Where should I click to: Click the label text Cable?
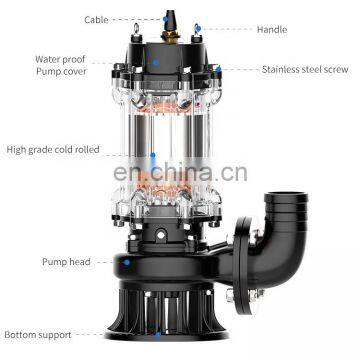96,20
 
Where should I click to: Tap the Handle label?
272,30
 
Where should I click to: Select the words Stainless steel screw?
305,70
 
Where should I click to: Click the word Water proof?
60,60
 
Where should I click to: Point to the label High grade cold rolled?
53,150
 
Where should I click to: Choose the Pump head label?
66,262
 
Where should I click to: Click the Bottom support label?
38,335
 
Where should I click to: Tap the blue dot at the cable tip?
166,19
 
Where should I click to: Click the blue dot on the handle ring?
197,28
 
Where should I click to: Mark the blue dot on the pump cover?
156,62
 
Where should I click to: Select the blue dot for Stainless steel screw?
218,69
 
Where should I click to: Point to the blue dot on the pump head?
126,262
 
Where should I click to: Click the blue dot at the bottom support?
157,334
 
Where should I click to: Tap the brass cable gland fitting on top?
170,35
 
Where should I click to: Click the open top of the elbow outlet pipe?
286,196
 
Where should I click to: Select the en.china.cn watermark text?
180,172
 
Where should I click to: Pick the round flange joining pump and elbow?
242,266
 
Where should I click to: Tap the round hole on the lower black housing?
161,235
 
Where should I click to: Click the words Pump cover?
61,72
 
